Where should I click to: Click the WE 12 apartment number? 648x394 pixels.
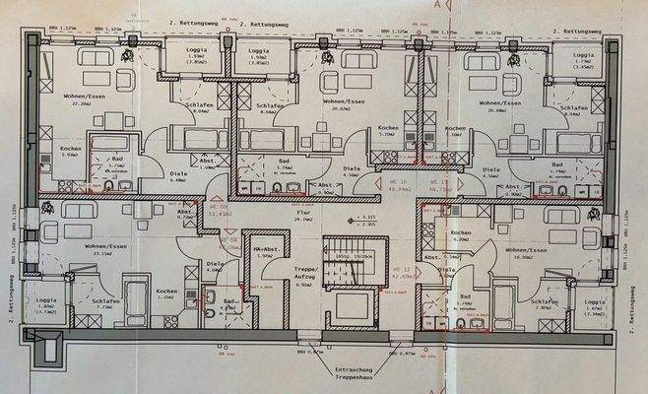[401, 272]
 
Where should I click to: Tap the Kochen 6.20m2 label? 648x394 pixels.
[461, 235]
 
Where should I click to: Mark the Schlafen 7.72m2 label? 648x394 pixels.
[106, 304]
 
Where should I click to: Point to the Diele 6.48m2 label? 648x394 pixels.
[69, 176]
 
